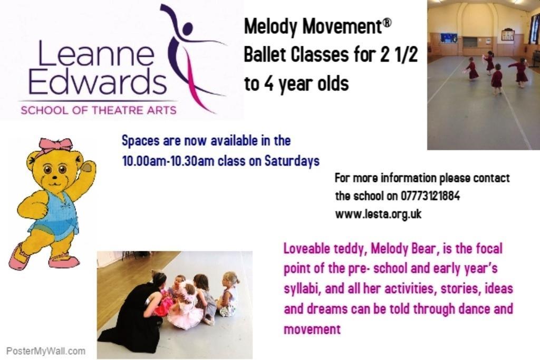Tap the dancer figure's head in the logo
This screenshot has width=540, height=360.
[x=187, y=28]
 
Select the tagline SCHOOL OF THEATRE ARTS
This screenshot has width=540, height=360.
[x=99, y=110]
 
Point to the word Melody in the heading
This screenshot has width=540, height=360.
[x=271, y=27]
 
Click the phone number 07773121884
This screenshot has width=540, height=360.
[x=430, y=196]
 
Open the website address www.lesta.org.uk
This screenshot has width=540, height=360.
[x=378, y=214]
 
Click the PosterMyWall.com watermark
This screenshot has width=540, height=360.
[x=46, y=352]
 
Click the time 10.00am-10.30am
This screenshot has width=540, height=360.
[x=168, y=161]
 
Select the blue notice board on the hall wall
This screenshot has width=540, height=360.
[x=449, y=38]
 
